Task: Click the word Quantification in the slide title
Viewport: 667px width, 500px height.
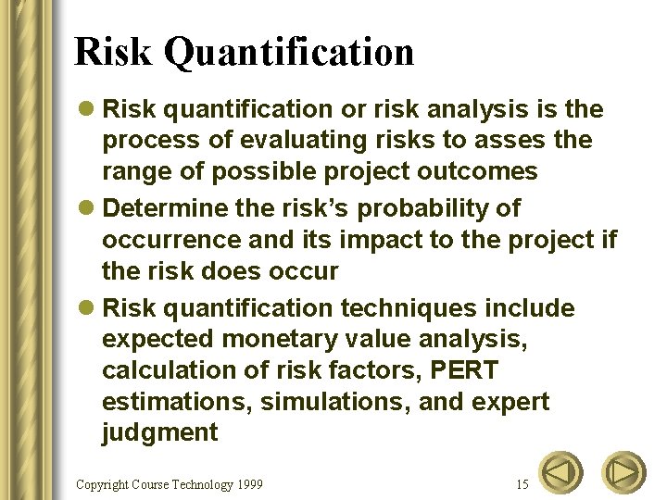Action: tap(288, 52)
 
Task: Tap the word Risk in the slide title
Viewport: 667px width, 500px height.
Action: tap(114, 52)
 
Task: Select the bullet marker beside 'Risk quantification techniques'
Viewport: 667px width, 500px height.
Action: tap(87, 308)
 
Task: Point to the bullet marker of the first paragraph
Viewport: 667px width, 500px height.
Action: tap(87, 110)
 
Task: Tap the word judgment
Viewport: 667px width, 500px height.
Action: tap(160, 432)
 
